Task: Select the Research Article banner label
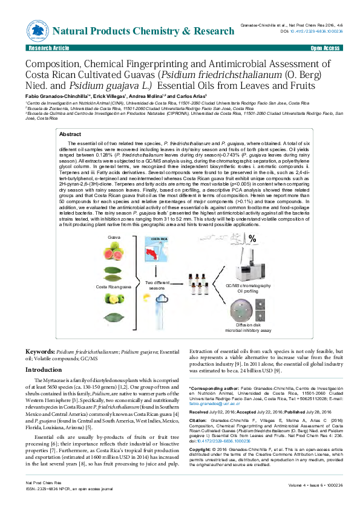coord(44,47)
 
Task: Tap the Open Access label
coord(325,47)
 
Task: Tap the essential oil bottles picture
coord(199,284)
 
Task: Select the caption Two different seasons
coord(157,285)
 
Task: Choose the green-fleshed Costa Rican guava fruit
coord(113,298)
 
